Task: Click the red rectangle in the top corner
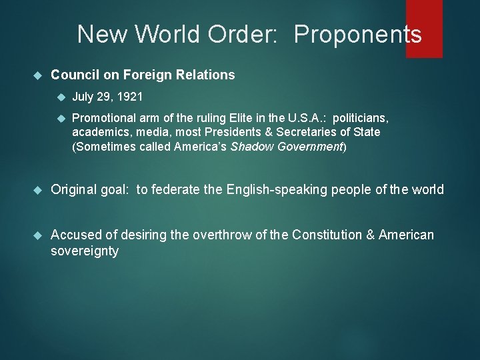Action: (424, 28)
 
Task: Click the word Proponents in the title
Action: (358, 34)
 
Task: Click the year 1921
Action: (129, 97)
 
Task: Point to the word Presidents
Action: (225, 132)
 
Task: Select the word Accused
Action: (75, 235)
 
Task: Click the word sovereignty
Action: (85, 251)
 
